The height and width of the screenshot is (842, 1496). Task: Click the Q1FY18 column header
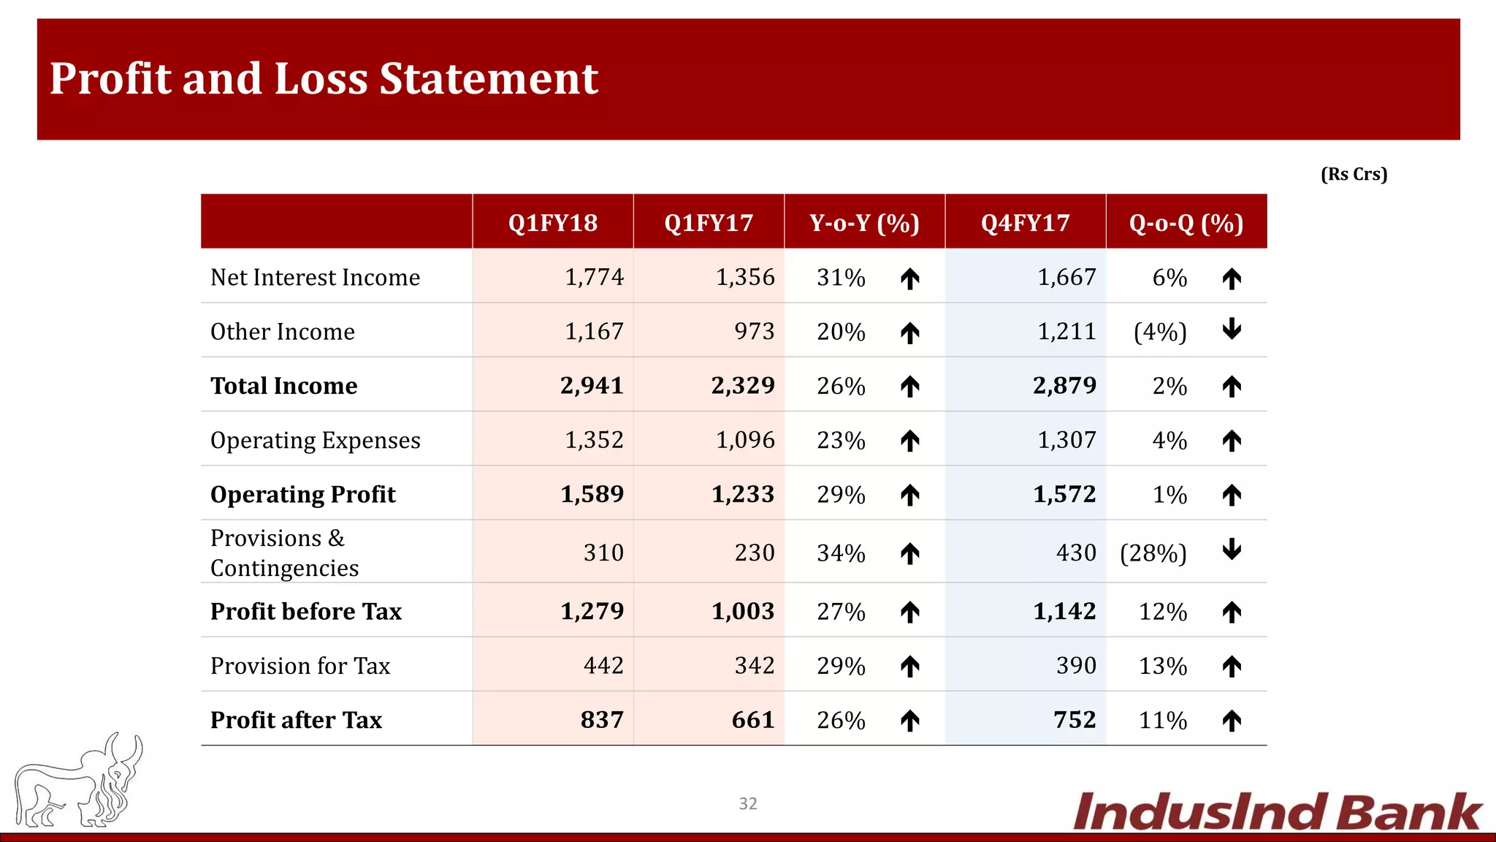click(553, 222)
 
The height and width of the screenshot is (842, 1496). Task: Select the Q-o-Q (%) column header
click(1186, 222)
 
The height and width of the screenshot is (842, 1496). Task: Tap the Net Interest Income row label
click(315, 278)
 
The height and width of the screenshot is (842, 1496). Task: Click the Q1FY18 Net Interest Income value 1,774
click(594, 277)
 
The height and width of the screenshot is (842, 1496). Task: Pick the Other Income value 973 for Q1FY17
click(754, 332)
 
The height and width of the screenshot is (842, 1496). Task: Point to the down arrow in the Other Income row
click(1232, 329)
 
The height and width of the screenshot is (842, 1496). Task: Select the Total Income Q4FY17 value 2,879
click(1064, 385)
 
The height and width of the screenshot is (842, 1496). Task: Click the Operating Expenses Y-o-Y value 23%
click(841, 440)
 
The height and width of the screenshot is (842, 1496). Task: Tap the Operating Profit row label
click(302, 495)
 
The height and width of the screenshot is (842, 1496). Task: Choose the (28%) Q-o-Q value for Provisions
click(1153, 553)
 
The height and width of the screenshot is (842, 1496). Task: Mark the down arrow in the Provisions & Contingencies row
click(1232, 549)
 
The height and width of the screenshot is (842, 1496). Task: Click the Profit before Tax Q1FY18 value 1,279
click(592, 611)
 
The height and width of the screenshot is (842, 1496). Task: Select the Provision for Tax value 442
click(603, 666)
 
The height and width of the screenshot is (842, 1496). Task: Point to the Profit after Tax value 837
click(602, 720)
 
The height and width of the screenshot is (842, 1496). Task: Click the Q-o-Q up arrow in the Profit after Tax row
click(1232, 721)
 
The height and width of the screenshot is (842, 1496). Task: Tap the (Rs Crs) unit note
click(1354, 174)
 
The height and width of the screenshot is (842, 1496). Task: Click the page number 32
click(748, 803)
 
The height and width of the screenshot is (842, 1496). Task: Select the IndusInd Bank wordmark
click(1277, 812)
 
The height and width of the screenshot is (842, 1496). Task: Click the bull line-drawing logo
click(79, 781)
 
